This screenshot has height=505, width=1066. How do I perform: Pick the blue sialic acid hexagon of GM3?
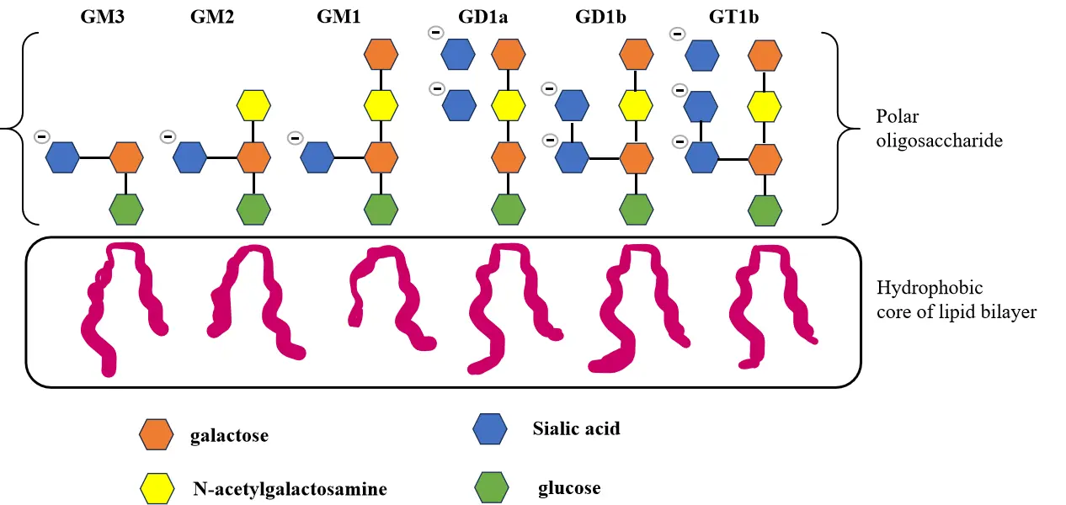point(62,157)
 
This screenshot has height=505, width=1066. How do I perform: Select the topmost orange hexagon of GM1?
point(381,55)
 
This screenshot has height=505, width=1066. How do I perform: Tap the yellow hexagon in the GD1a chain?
point(508,106)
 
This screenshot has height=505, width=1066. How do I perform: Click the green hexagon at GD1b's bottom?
point(637,209)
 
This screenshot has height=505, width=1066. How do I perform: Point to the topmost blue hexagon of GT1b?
point(702,55)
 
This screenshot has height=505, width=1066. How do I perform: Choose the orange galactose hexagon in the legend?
point(156,435)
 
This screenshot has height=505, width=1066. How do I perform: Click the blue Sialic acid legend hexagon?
point(491,429)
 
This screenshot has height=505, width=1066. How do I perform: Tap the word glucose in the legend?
point(569,488)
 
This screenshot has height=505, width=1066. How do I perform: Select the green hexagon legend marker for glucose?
point(491,487)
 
